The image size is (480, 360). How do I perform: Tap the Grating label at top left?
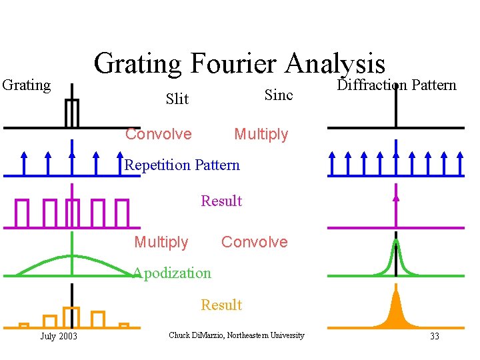click(27, 85)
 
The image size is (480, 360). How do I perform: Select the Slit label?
click(177, 99)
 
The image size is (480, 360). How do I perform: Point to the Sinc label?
click(279, 95)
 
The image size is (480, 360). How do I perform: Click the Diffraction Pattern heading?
click(397, 85)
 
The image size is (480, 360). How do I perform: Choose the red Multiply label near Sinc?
click(261, 135)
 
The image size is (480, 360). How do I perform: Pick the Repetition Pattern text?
click(182, 165)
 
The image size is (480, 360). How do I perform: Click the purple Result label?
click(221, 201)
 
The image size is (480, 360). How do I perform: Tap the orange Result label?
click(221, 305)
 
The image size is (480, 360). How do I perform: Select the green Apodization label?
click(171, 273)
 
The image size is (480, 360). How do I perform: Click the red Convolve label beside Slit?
click(159, 135)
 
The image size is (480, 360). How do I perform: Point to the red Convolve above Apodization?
click(255, 242)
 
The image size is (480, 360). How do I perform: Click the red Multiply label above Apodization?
click(161, 242)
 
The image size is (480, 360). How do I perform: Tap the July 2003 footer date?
click(59, 336)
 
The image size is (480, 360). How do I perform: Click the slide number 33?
click(435, 336)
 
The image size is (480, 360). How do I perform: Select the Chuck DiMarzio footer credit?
click(237, 335)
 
